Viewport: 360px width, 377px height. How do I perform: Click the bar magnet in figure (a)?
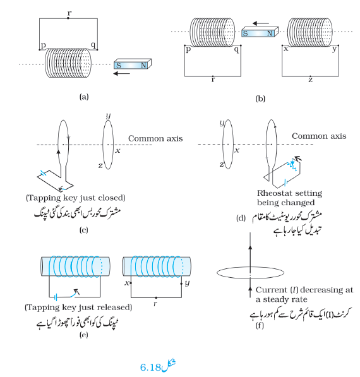(133, 64)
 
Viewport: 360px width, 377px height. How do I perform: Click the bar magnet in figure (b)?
(260, 32)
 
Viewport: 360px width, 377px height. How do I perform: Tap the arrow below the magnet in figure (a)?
(122, 73)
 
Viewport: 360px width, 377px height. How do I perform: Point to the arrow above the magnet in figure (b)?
(261, 23)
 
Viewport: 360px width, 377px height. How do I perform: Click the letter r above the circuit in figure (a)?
(69, 13)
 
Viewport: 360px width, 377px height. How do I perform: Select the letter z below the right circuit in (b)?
(311, 80)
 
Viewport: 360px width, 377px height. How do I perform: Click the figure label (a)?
(84, 97)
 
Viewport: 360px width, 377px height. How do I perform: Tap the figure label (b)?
(260, 99)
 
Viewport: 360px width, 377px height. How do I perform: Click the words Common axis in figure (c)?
(155, 138)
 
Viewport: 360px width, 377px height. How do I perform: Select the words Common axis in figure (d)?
(319, 136)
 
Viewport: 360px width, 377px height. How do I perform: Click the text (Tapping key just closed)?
(76, 198)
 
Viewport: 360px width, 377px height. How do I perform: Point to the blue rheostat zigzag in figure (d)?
(293, 164)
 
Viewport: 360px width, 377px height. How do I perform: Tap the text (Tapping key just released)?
(78, 308)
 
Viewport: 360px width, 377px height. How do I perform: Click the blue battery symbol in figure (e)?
(56, 297)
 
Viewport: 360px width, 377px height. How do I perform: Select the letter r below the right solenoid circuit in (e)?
(155, 304)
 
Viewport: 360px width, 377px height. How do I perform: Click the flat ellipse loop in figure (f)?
(250, 267)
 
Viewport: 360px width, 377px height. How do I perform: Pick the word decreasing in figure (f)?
(322, 290)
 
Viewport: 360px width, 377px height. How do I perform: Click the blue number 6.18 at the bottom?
(150, 368)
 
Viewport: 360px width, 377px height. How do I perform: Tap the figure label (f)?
(260, 326)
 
